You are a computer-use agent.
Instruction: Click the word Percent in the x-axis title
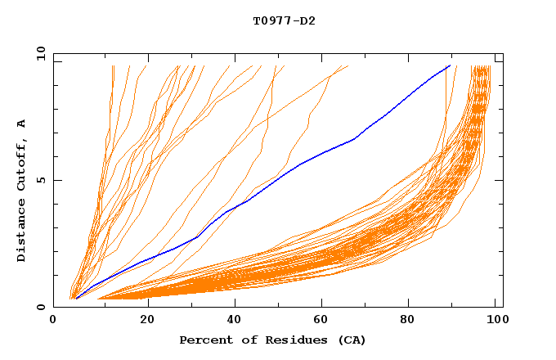tap(204, 340)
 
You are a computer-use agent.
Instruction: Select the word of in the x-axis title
tap(244, 340)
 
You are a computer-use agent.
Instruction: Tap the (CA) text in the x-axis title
tap(352, 340)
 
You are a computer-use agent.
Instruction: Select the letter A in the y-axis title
tap(22, 124)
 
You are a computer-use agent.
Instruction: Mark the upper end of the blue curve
tap(450, 65)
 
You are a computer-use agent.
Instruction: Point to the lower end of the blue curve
tap(75, 299)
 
